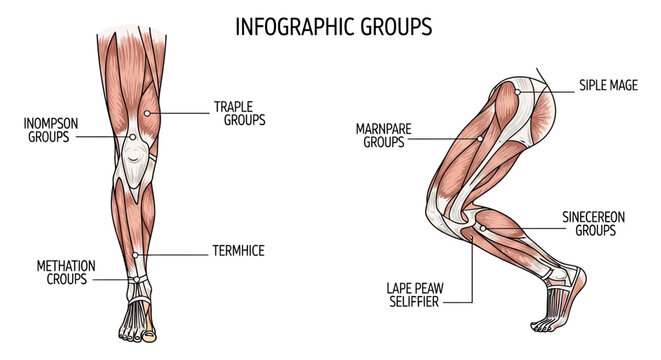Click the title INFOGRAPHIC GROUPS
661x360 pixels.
click(x=334, y=26)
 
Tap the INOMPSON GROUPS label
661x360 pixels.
click(x=48, y=130)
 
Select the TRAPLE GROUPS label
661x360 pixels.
click(x=238, y=112)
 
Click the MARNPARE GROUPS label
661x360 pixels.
click(x=384, y=135)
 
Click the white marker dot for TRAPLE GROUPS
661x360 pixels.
click(x=147, y=113)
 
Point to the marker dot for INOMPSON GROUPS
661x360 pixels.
click(x=131, y=136)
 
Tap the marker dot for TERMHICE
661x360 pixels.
click(x=135, y=254)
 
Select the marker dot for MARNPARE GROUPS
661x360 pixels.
click(x=480, y=138)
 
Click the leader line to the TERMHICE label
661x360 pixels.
click(x=175, y=253)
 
